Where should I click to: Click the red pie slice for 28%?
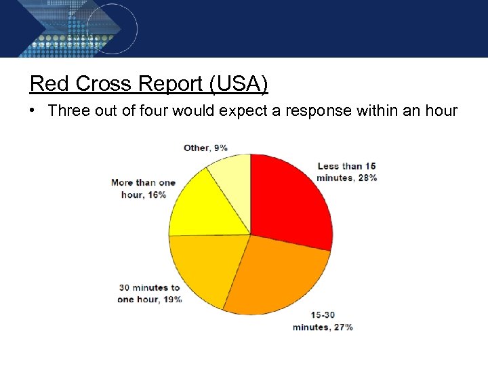tap(288, 200)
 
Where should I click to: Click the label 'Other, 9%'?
tap(205, 148)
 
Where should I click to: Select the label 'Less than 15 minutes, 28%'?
tap(346, 171)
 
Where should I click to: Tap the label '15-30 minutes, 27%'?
tap(323, 321)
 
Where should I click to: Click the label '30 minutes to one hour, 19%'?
tap(150, 293)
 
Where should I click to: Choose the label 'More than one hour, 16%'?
tap(143, 188)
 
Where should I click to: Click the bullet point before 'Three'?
tap(33, 111)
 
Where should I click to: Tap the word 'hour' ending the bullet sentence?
tap(441, 111)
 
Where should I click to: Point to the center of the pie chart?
tap(250, 235)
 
